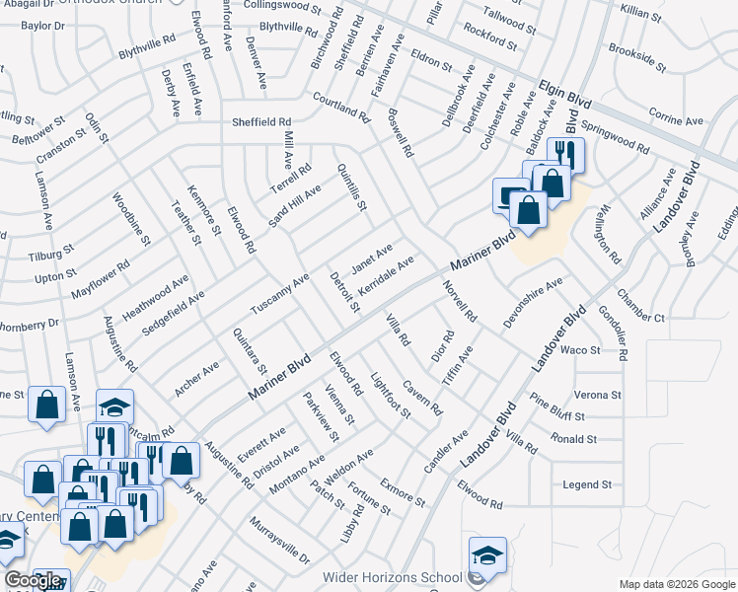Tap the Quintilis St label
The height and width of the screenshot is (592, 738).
click(351, 187)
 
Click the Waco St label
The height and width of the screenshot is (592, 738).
click(580, 350)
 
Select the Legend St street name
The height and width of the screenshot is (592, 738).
click(587, 485)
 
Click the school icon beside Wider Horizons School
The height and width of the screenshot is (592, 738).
click(487, 555)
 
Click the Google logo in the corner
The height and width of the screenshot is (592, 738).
click(33, 580)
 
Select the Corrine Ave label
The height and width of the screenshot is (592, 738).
click(676, 120)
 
